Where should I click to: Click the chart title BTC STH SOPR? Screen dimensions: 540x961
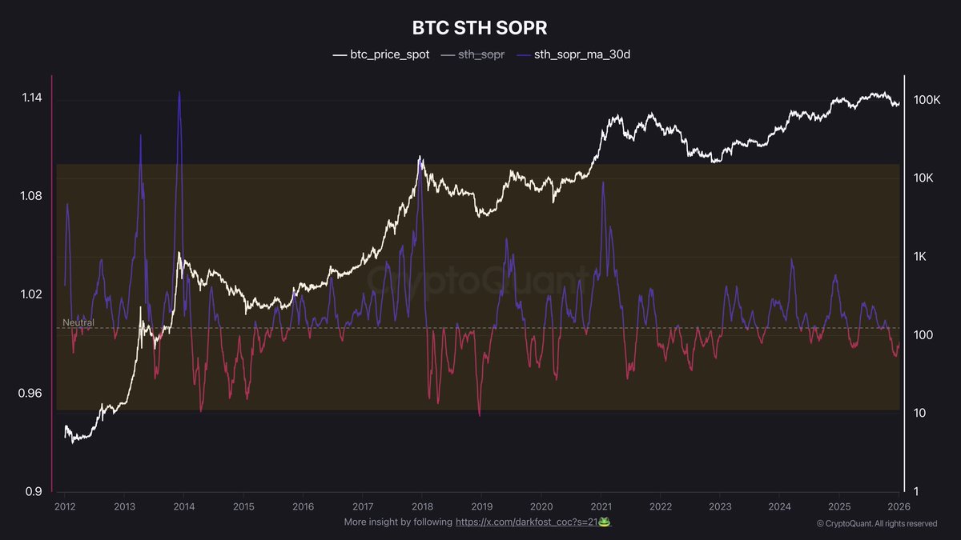480,28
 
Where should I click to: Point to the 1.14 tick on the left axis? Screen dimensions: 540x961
31,98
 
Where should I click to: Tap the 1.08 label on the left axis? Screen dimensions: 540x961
31,197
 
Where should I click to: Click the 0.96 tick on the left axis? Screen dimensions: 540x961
31,393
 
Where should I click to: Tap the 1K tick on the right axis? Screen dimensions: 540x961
922,256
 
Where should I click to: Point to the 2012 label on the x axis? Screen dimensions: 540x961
65,506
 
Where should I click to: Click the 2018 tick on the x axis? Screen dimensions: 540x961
423,506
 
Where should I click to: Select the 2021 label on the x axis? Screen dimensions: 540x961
601,506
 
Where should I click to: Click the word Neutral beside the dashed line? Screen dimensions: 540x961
78,323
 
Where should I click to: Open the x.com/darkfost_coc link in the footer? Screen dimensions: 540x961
528,522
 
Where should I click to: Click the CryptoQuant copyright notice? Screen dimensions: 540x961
876,524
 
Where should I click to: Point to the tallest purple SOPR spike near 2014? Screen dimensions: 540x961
179,93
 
